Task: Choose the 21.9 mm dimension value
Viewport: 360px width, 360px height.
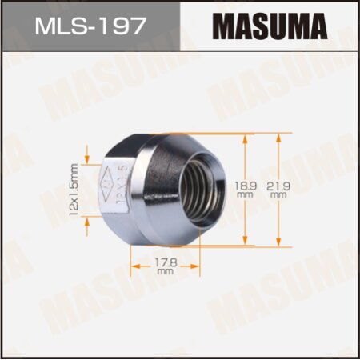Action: point(278,189)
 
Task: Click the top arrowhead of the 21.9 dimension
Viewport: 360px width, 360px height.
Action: point(278,137)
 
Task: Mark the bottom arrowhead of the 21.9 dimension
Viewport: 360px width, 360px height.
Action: point(278,242)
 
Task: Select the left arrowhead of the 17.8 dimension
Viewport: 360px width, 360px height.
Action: point(134,258)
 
